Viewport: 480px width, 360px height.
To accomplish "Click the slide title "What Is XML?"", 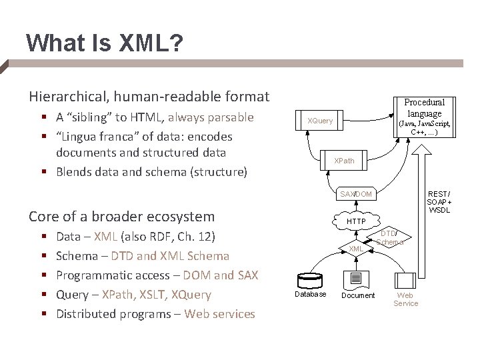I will click(x=103, y=44).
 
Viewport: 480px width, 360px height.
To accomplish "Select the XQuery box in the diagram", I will click(x=320, y=120).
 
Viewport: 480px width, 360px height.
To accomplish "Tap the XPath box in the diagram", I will click(x=345, y=161).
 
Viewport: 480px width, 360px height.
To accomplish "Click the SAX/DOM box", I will click(x=355, y=194).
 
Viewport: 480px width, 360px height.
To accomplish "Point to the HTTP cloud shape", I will click(x=356, y=221).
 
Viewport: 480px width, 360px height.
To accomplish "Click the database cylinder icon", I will click(x=310, y=279).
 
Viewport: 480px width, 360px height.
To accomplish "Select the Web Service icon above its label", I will click(x=405, y=281).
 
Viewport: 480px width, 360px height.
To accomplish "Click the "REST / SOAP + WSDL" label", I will click(x=439, y=201).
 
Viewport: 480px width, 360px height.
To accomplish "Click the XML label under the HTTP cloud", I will click(x=356, y=249).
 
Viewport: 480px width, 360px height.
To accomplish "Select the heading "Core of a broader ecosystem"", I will click(x=121, y=217).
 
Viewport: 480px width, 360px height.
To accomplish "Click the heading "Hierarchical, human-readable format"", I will click(x=149, y=97).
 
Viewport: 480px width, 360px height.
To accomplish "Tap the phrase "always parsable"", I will click(x=211, y=117).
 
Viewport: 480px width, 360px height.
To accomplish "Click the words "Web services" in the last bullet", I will click(x=219, y=314).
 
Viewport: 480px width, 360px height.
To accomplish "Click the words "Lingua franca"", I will click(x=88, y=137).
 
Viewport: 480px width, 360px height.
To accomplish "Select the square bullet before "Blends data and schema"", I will click(x=43, y=172).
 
